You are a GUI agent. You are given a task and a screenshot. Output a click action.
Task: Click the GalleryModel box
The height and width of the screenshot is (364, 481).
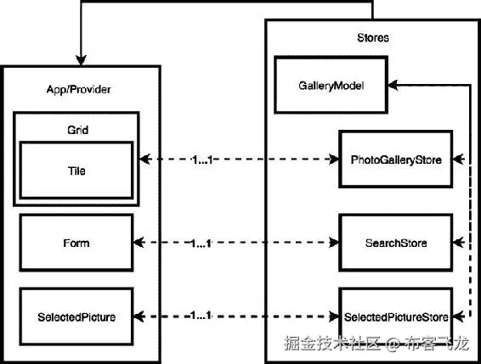click(330, 86)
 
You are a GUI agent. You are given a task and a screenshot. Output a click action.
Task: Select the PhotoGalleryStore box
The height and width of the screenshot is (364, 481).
click(395, 159)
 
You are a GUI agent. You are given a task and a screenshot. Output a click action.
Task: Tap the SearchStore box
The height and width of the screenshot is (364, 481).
click(395, 244)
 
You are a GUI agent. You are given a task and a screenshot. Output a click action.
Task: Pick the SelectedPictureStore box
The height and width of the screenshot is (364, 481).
click(395, 316)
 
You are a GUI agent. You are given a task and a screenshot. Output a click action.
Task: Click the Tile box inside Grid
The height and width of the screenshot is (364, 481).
click(76, 171)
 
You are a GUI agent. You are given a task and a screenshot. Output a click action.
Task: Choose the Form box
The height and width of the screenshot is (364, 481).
click(76, 244)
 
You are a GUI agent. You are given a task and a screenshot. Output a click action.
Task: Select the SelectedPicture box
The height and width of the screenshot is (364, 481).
click(76, 316)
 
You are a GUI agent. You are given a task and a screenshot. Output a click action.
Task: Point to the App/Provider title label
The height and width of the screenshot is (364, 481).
click(79, 90)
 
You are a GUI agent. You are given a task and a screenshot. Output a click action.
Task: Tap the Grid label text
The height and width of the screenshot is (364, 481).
click(77, 132)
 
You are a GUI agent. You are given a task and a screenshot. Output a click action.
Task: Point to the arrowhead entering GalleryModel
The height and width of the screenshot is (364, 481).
click(393, 85)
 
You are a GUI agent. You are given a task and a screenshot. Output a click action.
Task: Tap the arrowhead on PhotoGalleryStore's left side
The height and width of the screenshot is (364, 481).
click(333, 159)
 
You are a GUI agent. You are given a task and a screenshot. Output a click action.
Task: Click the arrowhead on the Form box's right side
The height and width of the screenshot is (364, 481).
click(139, 244)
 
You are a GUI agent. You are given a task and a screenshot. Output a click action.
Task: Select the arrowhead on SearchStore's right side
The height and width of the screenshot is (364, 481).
click(459, 244)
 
